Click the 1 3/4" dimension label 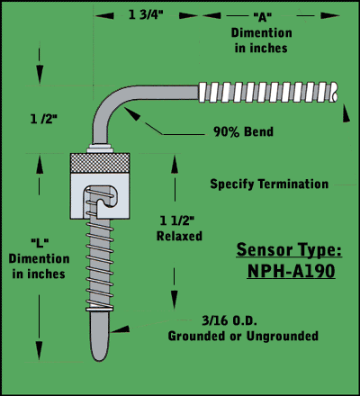pos(146,14)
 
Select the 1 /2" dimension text pos(43,120)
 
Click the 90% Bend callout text pos(243,131)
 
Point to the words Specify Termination pos(269,184)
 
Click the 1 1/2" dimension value pos(176,220)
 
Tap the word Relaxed pos(179,236)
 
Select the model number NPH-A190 pos(291,272)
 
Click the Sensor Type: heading pos(289,250)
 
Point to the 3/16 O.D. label pos(229,320)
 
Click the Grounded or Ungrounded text pos(243,336)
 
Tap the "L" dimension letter pos(40,242)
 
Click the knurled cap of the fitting pos(100,163)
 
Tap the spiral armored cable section pos(268,92)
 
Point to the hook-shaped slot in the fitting pos(102,199)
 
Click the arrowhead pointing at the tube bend pos(132,113)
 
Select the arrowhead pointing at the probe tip pos(120,329)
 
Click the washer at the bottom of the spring pos(100,309)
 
